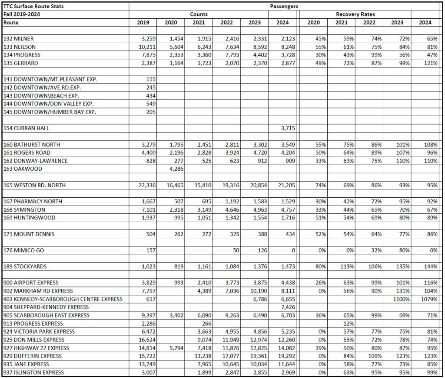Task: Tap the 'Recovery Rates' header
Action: click(x=355, y=14)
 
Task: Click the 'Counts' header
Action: click(x=199, y=14)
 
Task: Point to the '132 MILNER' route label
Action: click(x=19, y=39)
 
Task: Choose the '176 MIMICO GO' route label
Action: click(x=23, y=250)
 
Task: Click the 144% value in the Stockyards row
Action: click(x=431, y=266)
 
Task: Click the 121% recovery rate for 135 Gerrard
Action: click(x=431, y=63)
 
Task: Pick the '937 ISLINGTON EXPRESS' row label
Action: click(x=33, y=372)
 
